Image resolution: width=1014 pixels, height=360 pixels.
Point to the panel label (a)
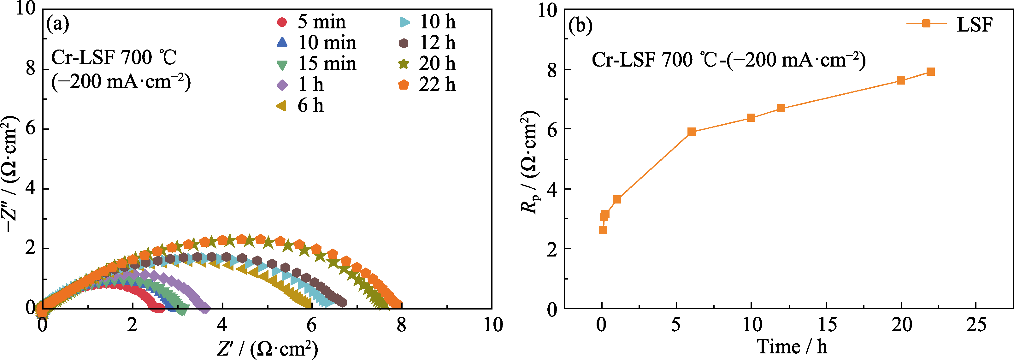(x=57, y=24)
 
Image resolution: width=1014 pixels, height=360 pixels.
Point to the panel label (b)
(x=580, y=26)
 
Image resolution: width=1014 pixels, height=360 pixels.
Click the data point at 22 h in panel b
(x=930, y=72)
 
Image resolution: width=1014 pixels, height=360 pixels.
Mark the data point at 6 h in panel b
(x=692, y=131)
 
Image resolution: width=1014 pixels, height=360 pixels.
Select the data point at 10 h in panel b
(x=751, y=118)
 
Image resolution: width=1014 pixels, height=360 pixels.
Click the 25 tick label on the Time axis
(x=976, y=325)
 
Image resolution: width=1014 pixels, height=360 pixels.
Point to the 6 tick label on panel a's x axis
(x=311, y=325)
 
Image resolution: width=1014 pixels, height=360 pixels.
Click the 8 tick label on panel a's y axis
(x=31, y=69)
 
